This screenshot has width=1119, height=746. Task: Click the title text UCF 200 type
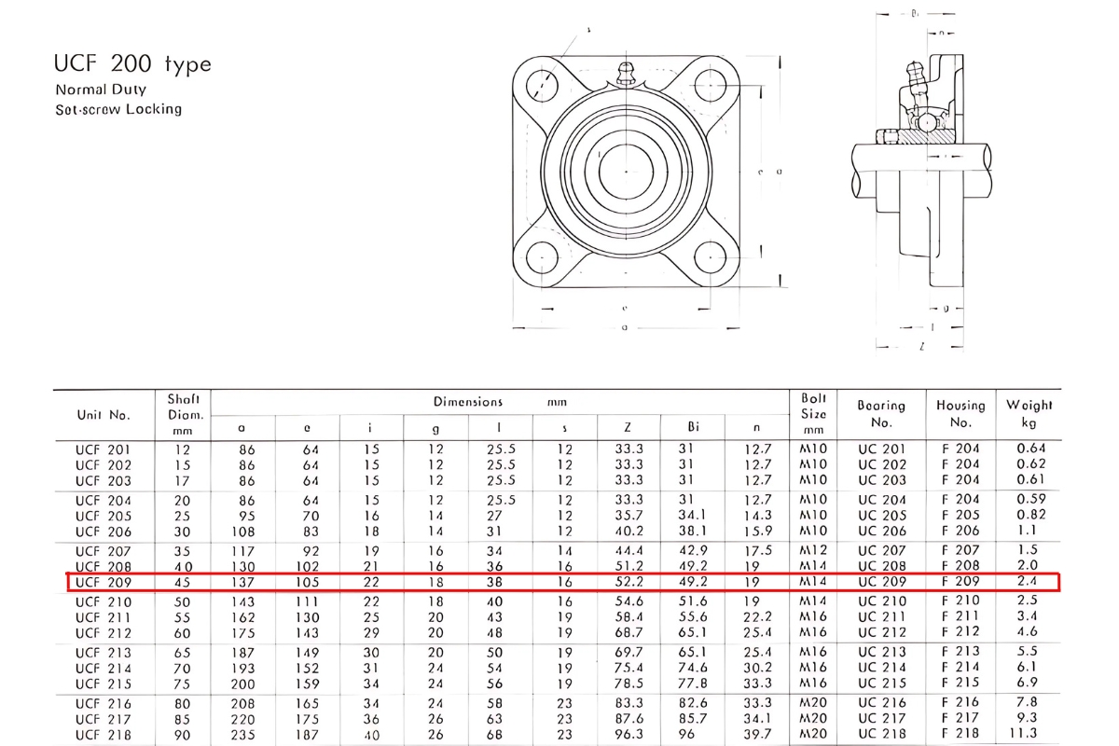point(133,64)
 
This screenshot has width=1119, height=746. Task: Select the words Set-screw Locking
point(118,109)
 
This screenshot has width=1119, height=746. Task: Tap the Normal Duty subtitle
point(101,90)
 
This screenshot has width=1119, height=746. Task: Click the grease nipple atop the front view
point(627,74)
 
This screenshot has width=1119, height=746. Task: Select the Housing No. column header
point(960,413)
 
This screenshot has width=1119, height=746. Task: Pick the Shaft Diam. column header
point(184,414)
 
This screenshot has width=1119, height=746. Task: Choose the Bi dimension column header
point(693,427)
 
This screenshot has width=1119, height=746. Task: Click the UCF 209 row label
point(104,583)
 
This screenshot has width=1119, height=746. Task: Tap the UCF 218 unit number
point(104,735)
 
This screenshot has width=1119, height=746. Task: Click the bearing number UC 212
point(881,633)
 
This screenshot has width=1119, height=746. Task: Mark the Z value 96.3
point(629,735)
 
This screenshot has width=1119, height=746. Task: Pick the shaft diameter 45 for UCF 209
point(184,583)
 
